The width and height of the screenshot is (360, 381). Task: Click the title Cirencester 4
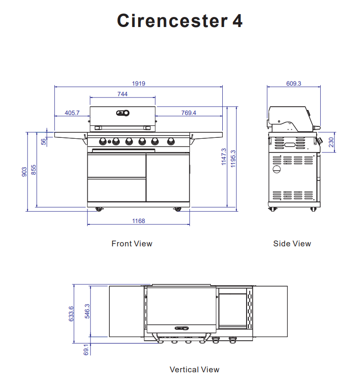pyautogui.click(x=180, y=21)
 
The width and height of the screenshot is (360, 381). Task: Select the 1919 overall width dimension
pyautogui.click(x=139, y=83)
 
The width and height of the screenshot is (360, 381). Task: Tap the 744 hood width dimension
pyautogui.click(x=122, y=94)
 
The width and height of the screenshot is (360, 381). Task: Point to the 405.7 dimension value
pyautogui.click(x=72, y=113)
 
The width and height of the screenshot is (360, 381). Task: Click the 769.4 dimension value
pyautogui.click(x=188, y=113)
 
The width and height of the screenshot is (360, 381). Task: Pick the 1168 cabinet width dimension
pyautogui.click(x=139, y=221)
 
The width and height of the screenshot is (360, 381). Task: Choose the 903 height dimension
pyautogui.click(x=24, y=172)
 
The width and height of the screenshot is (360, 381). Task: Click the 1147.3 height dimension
pyautogui.click(x=224, y=156)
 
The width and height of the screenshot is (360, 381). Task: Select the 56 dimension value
pyautogui.click(x=44, y=142)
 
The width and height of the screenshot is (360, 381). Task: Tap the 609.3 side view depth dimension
pyautogui.click(x=294, y=83)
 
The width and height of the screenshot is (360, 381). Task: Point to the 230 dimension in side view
pyautogui.click(x=332, y=142)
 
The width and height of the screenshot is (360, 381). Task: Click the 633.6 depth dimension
pyautogui.click(x=71, y=314)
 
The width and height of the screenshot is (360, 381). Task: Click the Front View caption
pyautogui.click(x=132, y=244)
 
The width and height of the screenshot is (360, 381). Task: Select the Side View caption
pyautogui.click(x=292, y=244)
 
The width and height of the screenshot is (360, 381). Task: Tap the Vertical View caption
pyautogui.click(x=194, y=370)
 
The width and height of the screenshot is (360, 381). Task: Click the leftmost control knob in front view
pyautogui.click(x=103, y=141)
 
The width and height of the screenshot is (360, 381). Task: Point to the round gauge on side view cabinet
pyautogui.click(x=276, y=169)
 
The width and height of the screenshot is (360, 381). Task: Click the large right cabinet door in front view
pyautogui.click(x=167, y=178)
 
